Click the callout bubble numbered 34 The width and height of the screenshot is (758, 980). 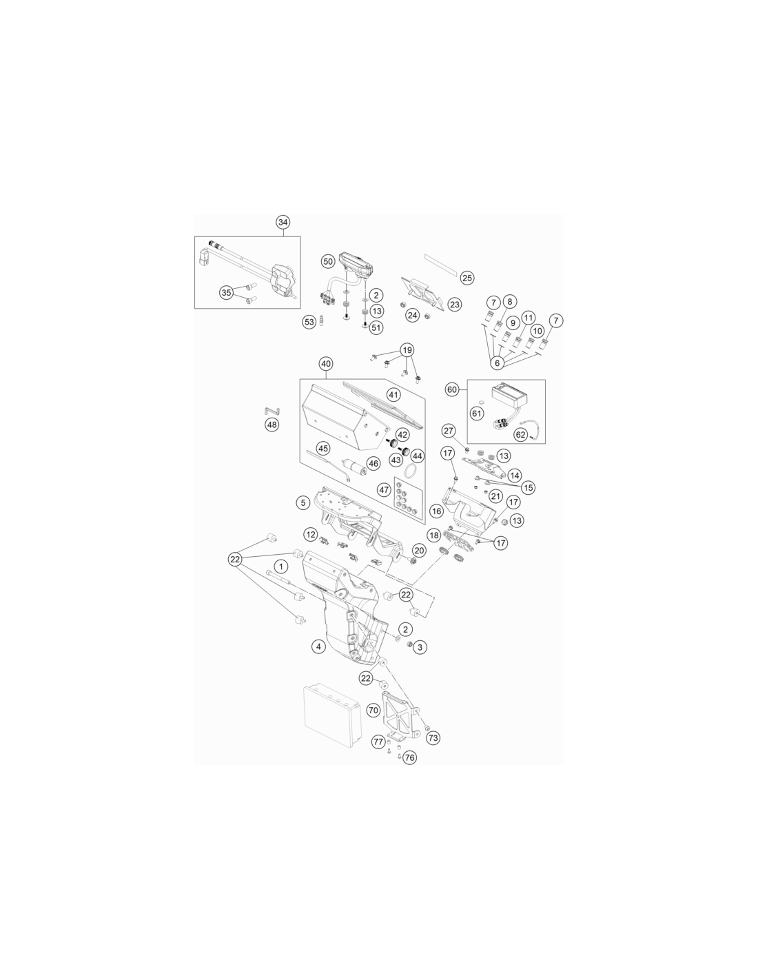click(x=283, y=223)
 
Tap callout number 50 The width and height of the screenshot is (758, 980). click(x=328, y=261)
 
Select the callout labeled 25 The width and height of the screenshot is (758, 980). click(x=467, y=278)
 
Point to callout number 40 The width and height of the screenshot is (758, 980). click(x=325, y=363)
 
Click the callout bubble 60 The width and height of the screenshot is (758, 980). click(x=452, y=389)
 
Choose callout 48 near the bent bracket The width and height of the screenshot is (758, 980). click(x=272, y=425)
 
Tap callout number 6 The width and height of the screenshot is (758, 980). click(x=498, y=363)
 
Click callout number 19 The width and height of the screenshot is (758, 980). click(x=407, y=350)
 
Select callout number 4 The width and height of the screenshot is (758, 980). click(x=318, y=646)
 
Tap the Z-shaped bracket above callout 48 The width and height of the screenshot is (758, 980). click(x=272, y=410)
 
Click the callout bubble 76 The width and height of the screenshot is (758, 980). click(x=409, y=757)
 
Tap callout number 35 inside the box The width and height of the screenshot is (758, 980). click(x=226, y=292)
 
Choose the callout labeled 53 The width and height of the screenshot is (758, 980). click(x=309, y=322)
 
